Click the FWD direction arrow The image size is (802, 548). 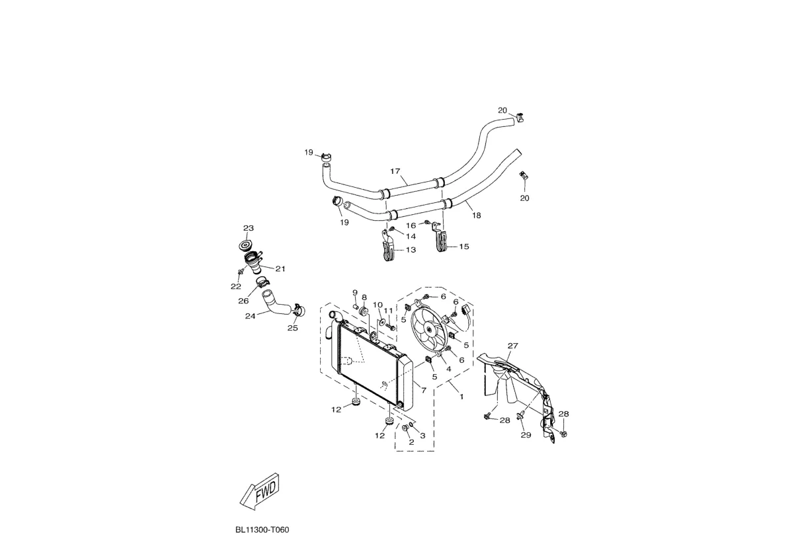click(x=259, y=491)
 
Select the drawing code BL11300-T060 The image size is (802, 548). click(x=262, y=530)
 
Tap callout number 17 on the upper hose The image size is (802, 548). click(x=395, y=172)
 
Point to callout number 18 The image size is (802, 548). click(x=477, y=215)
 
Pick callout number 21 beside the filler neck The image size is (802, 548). click(x=280, y=269)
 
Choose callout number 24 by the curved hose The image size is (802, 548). click(x=250, y=316)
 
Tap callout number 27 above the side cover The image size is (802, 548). click(x=512, y=346)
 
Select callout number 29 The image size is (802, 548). click(x=526, y=435)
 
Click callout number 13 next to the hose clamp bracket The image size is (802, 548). click(x=411, y=251)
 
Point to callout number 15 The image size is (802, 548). click(x=463, y=247)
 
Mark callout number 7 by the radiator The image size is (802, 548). click(x=424, y=391)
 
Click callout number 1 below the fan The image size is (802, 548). click(x=461, y=397)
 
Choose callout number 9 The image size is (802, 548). click(x=354, y=293)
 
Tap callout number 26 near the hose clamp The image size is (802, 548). click(x=243, y=301)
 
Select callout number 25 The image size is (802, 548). click(x=292, y=328)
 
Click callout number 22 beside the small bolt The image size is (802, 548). click(x=235, y=286)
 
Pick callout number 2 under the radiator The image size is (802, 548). click(x=411, y=442)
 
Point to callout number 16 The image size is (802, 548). click(x=411, y=225)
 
